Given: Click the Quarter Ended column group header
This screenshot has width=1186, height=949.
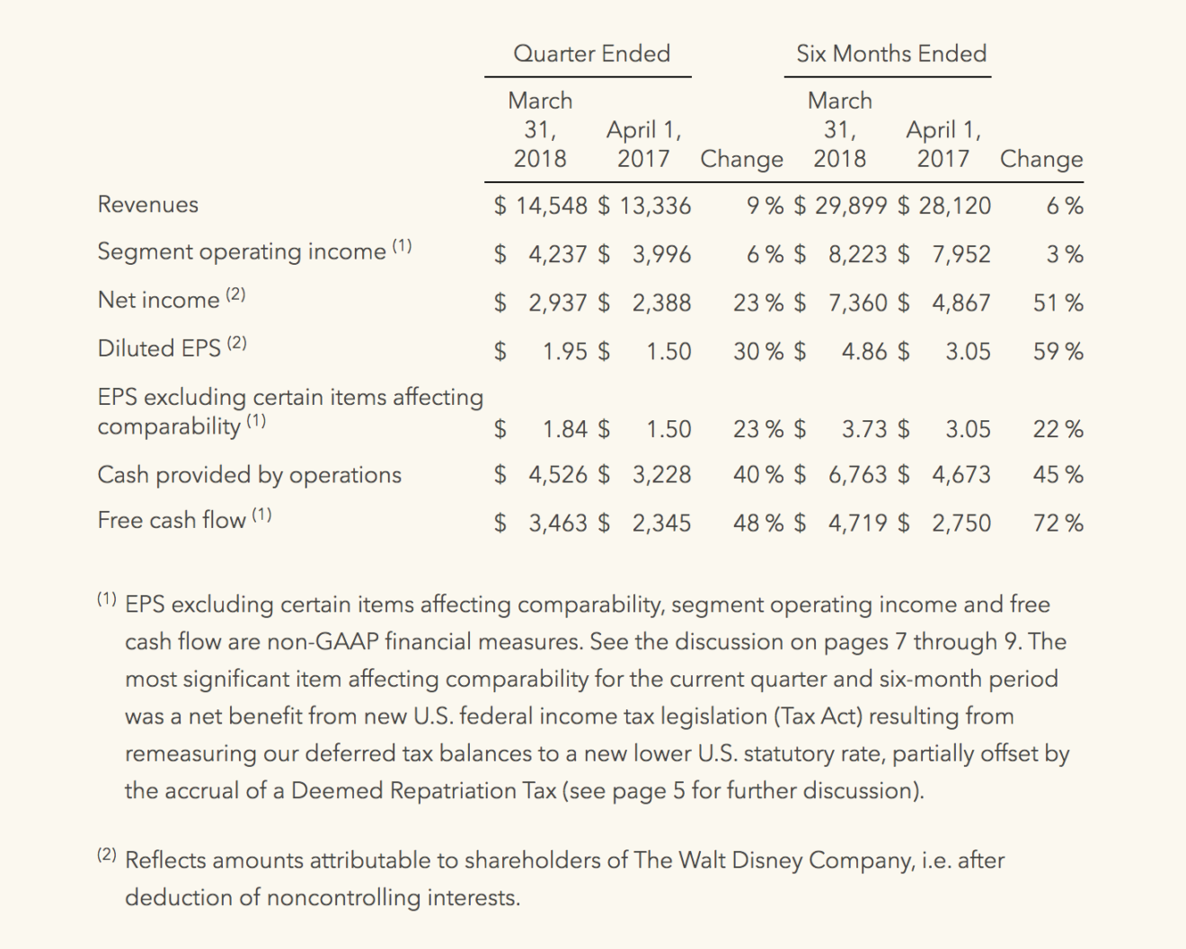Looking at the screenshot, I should [x=591, y=54].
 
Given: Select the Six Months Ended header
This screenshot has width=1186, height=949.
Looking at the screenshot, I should [x=890, y=54].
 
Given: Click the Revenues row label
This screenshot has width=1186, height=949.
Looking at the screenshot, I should [x=148, y=205].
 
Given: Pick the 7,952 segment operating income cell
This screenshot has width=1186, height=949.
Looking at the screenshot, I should [x=960, y=254].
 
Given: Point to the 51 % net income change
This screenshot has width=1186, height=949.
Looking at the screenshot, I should [x=1058, y=303].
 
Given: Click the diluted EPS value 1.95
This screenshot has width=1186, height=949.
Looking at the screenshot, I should [x=565, y=351].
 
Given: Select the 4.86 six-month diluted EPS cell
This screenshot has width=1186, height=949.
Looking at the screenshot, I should [x=864, y=351].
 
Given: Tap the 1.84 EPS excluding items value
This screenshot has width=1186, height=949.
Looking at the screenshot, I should [x=565, y=429].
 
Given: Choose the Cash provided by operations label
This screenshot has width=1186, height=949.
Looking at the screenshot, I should [x=250, y=475].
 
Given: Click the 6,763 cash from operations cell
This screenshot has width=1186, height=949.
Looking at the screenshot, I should [x=857, y=475].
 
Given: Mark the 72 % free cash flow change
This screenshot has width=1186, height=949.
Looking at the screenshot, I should [x=1058, y=523].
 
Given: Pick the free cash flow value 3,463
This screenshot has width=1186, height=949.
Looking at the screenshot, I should [x=557, y=523].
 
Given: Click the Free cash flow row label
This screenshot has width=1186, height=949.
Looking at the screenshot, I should [x=172, y=521].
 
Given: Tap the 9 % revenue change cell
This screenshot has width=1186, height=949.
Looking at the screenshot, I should [x=765, y=206].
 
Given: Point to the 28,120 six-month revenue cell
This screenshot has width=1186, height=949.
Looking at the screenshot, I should [x=953, y=206].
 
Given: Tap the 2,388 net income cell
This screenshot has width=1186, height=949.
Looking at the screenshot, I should [x=660, y=303].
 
